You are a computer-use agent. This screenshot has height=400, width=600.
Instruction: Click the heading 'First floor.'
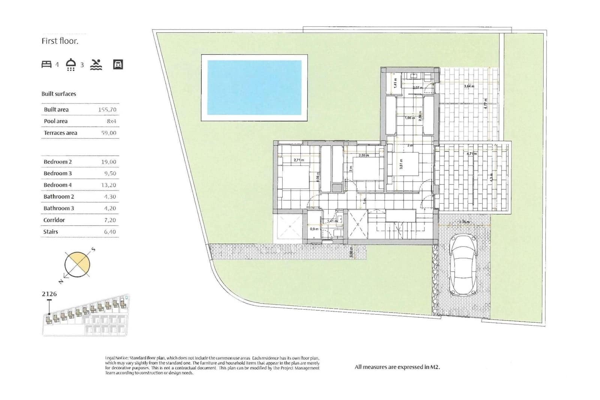pyautogui.click(x=60, y=41)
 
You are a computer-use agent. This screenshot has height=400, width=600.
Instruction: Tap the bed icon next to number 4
pyautogui.click(x=46, y=65)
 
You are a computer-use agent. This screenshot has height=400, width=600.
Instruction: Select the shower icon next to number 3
pyautogui.click(x=70, y=65)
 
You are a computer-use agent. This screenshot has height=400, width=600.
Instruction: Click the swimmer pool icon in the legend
pyautogui.click(x=96, y=65)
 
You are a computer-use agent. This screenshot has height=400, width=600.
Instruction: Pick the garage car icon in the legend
pyautogui.click(x=118, y=65)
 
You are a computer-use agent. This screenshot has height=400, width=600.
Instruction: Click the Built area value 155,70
pyautogui.click(x=107, y=110)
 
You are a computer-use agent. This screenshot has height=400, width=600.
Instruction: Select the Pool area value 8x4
pyautogui.click(x=111, y=121)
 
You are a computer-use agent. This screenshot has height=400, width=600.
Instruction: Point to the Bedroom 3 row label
pyautogui.click(x=57, y=173)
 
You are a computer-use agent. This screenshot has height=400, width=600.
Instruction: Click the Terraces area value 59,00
pyautogui.click(x=109, y=133)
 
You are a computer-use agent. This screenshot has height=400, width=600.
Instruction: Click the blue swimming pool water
pyautogui.click(x=254, y=87)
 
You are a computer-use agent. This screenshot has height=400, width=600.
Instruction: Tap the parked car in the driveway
pyautogui.click(x=464, y=264)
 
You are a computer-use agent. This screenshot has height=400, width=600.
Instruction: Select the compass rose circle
pyautogui.click(x=77, y=265)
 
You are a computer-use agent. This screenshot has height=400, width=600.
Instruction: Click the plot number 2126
pyautogui.click(x=49, y=294)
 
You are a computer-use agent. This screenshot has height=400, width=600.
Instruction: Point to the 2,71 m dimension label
pyautogui.click(x=299, y=160)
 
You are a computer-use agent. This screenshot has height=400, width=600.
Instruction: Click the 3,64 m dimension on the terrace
pyautogui.click(x=469, y=86)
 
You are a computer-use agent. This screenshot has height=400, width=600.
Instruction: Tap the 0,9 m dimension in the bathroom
pyautogui.click(x=314, y=229)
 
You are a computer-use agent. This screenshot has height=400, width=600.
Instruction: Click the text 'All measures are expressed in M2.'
pyautogui.click(x=397, y=367)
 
